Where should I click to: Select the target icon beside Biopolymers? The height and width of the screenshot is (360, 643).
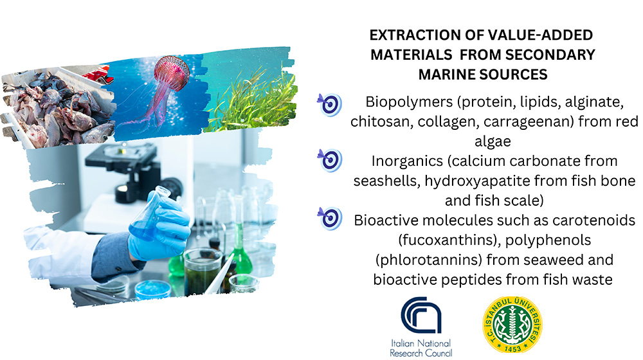329,105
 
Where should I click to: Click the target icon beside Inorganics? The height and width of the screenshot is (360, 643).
329,160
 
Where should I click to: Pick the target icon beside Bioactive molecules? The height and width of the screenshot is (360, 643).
329,218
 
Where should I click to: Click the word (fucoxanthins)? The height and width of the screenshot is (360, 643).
447,240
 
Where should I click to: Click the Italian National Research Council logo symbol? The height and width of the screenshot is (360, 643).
421,315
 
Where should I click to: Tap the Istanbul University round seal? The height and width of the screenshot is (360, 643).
512,325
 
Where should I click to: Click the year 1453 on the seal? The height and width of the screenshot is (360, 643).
512,348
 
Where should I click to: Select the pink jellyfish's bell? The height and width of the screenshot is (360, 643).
172,73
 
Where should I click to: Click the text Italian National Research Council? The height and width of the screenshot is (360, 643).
421,348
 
